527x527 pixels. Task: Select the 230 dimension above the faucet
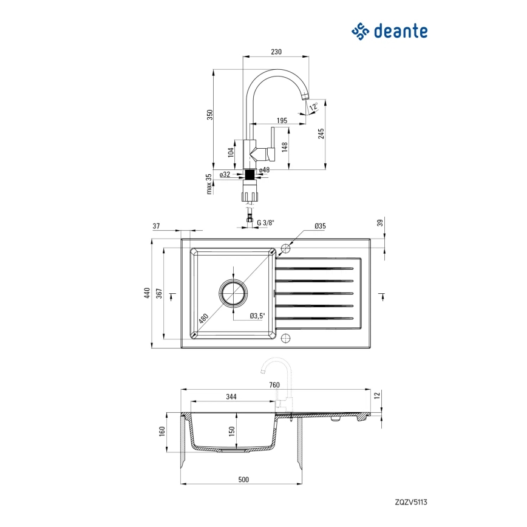(276, 52)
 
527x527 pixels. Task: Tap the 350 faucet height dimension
(209, 115)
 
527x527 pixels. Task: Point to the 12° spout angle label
(313, 107)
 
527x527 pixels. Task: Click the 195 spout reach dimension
(282, 120)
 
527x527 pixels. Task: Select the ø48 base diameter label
(265, 170)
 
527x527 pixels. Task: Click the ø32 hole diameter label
(225, 174)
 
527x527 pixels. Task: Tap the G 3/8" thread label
(265, 223)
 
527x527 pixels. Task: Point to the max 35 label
(209, 183)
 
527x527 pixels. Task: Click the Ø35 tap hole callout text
(320, 226)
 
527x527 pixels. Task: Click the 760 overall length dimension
(274, 385)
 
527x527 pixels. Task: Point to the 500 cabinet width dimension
(243, 480)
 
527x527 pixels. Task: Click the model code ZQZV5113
(412, 502)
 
